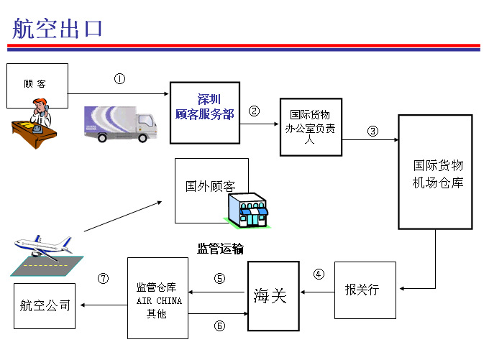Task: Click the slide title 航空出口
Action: coord(58,28)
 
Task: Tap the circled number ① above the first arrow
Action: coord(120,78)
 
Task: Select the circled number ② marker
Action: coord(254,111)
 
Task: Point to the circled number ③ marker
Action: coord(373,131)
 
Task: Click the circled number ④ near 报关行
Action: coord(319,274)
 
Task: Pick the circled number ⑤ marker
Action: coord(219,278)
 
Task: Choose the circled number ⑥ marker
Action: coord(219,326)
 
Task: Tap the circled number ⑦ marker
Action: coord(104,278)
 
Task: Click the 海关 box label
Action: coord(270,295)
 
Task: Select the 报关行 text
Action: coord(362,290)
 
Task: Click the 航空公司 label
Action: coord(45,305)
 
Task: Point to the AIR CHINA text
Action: coord(159,301)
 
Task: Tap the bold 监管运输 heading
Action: coord(220,249)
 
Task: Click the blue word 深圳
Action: coord(209,99)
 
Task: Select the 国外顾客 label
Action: coord(211,186)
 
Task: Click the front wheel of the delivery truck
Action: coord(142,138)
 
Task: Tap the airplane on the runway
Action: coord(44,246)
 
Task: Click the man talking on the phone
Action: coord(41,112)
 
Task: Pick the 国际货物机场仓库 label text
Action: coord(438,174)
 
